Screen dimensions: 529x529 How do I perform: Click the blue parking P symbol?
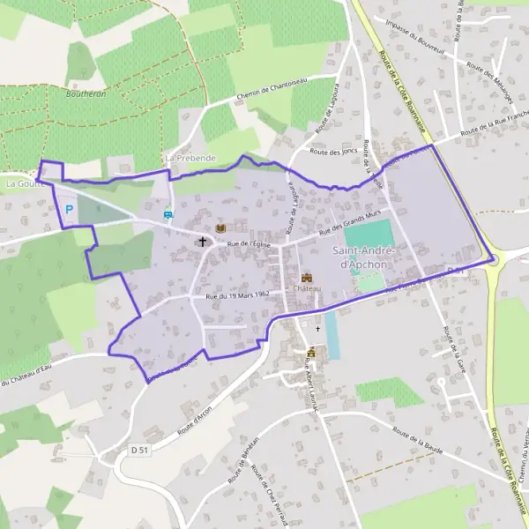[69, 211]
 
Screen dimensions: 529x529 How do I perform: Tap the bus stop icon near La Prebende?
[168, 212]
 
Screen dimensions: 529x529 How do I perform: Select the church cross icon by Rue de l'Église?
[202, 240]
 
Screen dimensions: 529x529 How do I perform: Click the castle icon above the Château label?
[307, 277]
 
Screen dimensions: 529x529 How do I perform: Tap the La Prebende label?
[190, 157]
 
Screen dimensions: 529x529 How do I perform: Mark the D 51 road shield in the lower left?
[138, 450]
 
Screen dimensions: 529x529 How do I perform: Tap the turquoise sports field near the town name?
[368, 235]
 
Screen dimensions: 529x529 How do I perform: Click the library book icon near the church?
[220, 228]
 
